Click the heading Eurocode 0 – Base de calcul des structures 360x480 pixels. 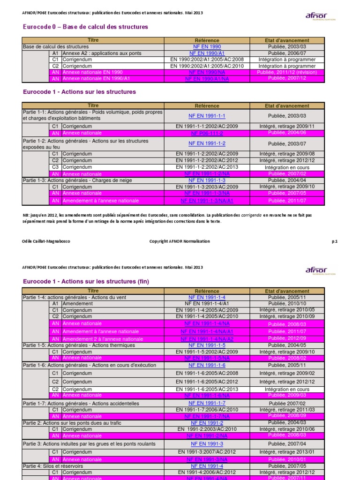85,27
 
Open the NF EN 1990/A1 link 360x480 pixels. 207,54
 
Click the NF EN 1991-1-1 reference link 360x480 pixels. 207,116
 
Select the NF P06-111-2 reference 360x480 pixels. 207,134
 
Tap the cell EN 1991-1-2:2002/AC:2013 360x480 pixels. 207,167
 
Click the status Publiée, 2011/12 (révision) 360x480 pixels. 286,73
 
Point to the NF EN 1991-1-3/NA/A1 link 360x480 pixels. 207,201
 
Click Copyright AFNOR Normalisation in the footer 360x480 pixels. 180,241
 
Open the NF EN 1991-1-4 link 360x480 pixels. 207,298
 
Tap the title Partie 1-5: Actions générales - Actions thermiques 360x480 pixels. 79,345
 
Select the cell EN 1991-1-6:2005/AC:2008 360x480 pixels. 207,374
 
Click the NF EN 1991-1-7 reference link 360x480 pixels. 207,403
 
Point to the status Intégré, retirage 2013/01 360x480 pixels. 286,452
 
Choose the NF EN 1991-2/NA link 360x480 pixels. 207,435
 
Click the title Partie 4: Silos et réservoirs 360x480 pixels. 53,466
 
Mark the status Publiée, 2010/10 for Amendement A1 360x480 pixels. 286,304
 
